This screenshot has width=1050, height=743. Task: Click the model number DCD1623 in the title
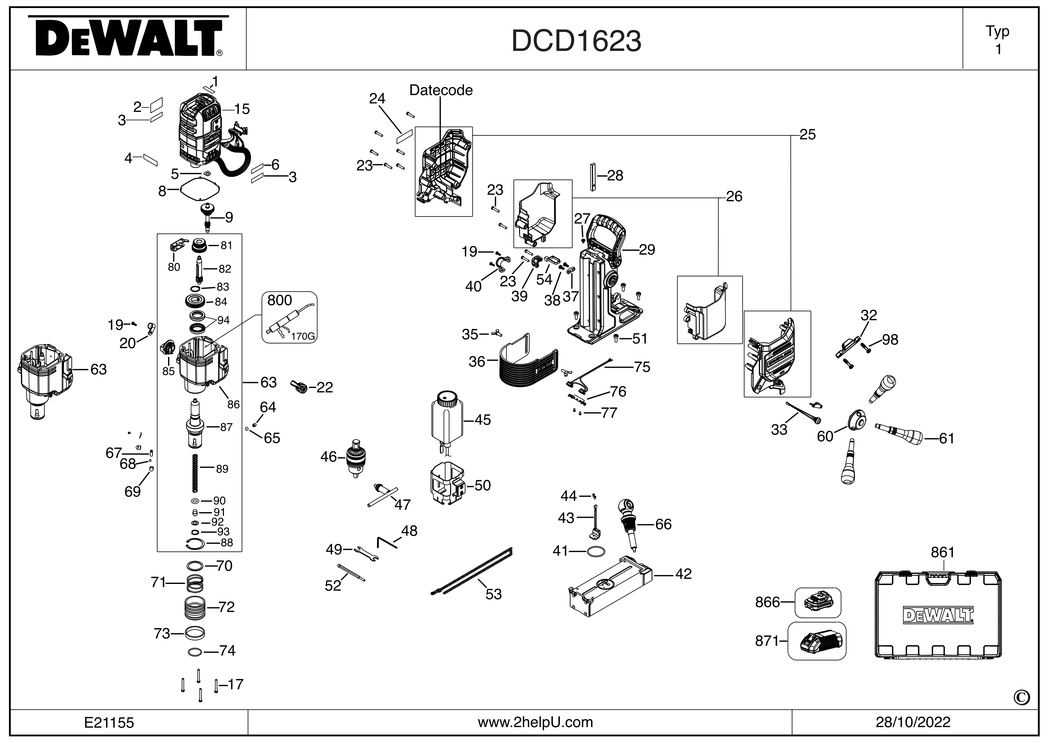pyautogui.click(x=576, y=41)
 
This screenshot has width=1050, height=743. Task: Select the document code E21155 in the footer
pyautogui.click(x=109, y=722)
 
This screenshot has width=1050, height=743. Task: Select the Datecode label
pyautogui.click(x=441, y=90)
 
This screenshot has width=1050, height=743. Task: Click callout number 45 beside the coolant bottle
pyautogui.click(x=483, y=420)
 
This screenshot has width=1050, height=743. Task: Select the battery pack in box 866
pyautogui.click(x=817, y=602)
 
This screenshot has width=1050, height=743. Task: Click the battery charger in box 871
pyautogui.click(x=817, y=641)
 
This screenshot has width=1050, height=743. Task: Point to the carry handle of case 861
pyautogui.click(x=937, y=579)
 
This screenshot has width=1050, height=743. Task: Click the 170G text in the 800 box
pyautogui.click(x=303, y=337)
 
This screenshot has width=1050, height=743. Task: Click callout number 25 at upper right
pyautogui.click(x=808, y=134)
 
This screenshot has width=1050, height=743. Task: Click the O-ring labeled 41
pyautogui.click(x=596, y=552)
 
